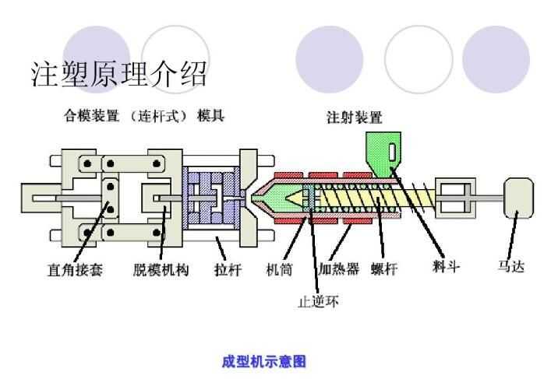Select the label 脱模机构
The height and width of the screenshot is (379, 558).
pyautogui.click(x=161, y=270)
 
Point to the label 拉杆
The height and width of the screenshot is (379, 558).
pyautogui.click(x=228, y=270)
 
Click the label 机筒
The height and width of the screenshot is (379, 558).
pyautogui.click(x=280, y=270)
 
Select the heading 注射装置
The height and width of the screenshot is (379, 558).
pyautogui.click(x=354, y=118)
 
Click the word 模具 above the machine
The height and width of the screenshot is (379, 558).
pyautogui.click(x=210, y=116)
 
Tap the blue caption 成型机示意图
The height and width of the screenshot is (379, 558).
pyautogui.click(x=263, y=361)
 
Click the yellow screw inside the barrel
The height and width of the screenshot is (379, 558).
pyautogui.click(x=374, y=200)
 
